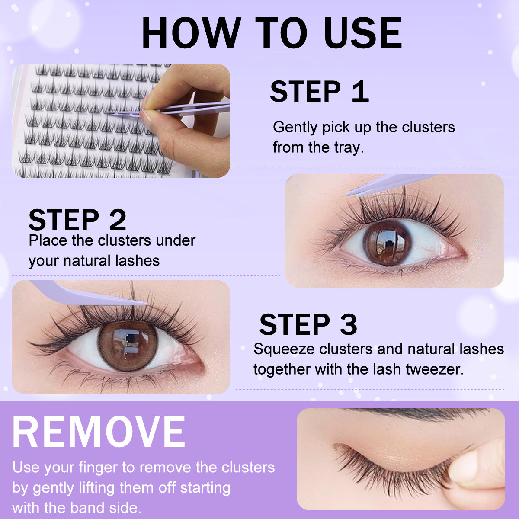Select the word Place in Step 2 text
point(48,240)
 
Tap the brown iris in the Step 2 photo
point(387,242)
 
